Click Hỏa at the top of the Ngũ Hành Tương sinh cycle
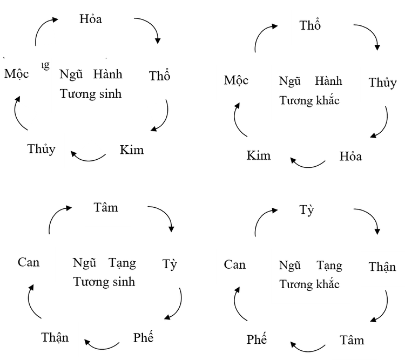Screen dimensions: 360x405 coord(90,19)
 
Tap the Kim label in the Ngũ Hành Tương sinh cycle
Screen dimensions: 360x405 coord(132,150)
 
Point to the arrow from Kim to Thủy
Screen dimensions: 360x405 coord(88,157)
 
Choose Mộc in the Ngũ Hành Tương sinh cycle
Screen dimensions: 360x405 coord(16,74)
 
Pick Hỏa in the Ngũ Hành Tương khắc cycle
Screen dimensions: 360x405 coord(350,157)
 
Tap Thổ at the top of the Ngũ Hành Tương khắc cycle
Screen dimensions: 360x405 coord(310,25)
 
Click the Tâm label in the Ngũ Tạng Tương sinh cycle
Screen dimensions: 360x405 coord(105,207)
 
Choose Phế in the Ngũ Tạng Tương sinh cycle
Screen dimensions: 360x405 coord(143,338)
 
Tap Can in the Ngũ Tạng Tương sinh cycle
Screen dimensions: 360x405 coord(29,263)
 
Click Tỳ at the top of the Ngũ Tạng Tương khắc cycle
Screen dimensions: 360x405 coord(306,210)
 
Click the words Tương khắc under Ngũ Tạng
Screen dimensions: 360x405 coord(309,284)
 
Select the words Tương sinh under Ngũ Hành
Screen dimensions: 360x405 coord(90,93)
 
